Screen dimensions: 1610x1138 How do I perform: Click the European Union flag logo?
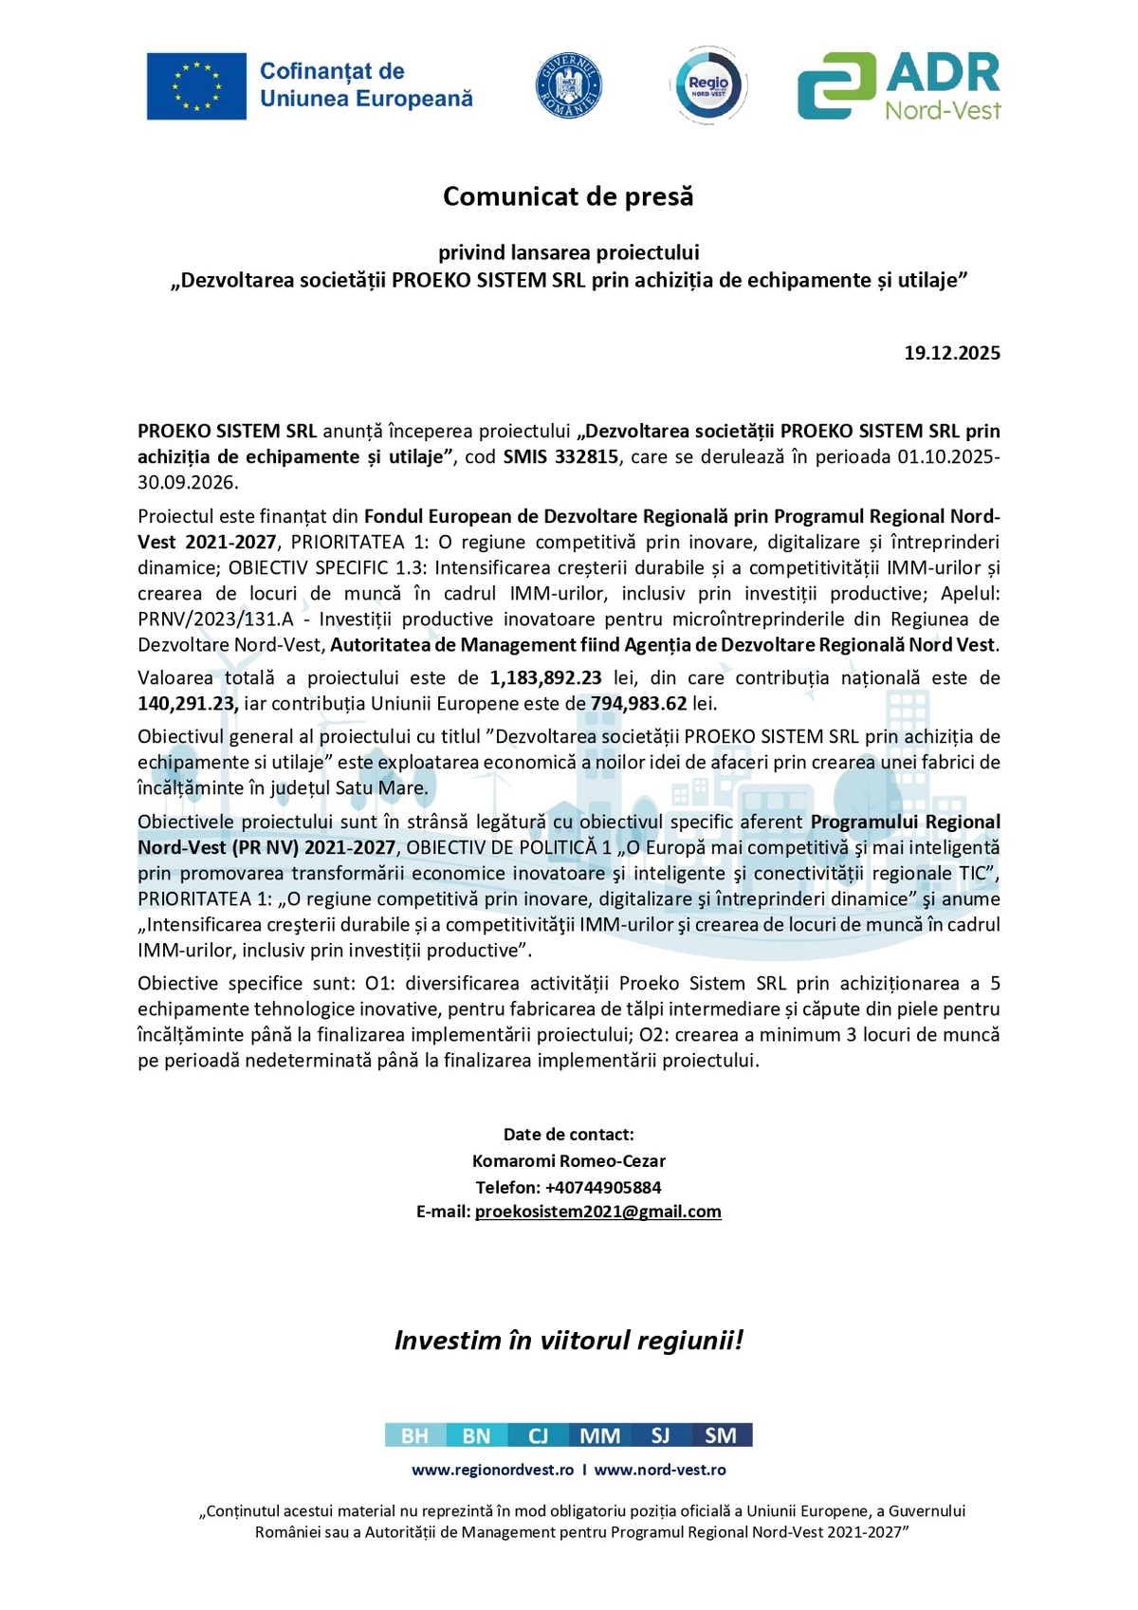[x=196, y=86]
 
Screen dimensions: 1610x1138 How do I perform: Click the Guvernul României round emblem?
[x=569, y=85]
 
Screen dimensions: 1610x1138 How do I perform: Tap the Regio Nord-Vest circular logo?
[x=709, y=86]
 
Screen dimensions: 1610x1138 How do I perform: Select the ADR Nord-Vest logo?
[x=898, y=86]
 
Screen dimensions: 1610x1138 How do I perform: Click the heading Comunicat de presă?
[x=568, y=196]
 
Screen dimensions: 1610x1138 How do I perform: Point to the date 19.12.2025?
[x=951, y=353]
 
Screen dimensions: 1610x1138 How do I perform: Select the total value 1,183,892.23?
[x=545, y=677]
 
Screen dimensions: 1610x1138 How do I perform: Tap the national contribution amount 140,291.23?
[x=187, y=703]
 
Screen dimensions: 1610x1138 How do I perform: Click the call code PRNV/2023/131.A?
[x=215, y=619]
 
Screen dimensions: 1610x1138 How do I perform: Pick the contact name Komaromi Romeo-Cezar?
[x=569, y=1160]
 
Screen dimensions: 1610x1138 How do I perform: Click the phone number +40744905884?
[x=603, y=1187]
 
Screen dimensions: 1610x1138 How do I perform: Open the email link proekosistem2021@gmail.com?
[x=597, y=1212]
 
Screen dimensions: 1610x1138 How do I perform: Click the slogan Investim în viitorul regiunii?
[x=569, y=1340]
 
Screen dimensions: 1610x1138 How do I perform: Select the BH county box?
[x=414, y=1435]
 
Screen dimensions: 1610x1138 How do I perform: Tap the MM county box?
[x=599, y=1435]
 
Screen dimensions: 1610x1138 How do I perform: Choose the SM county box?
[x=721, y=1435]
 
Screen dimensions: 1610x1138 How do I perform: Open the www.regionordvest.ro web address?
[x=492, y=1470]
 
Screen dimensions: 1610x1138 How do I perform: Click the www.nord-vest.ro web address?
[x=660, y=1470]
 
